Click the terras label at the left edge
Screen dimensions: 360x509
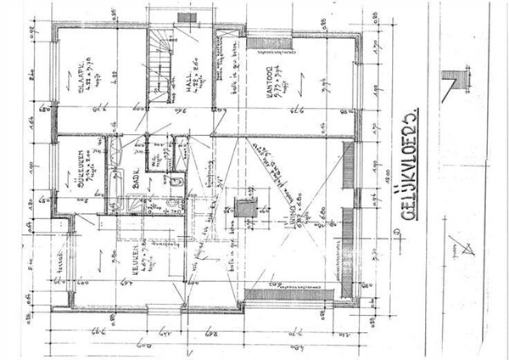coord(60,264)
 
